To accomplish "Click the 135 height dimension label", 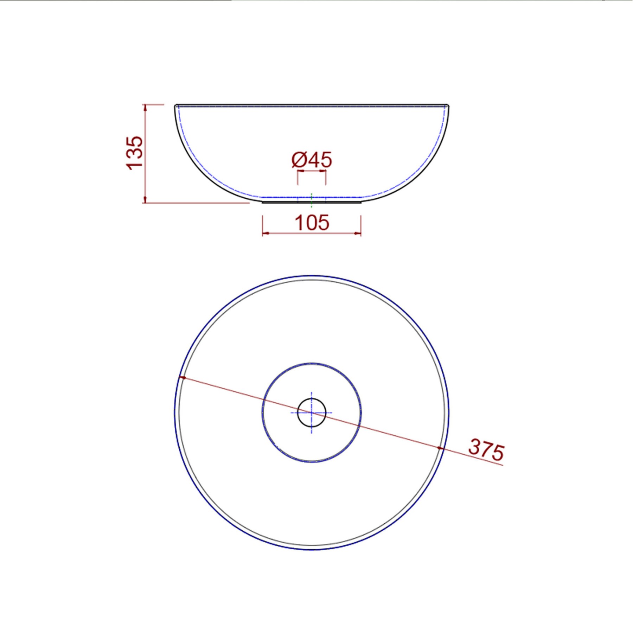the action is pos(135,153).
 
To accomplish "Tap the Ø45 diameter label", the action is pos(312,160).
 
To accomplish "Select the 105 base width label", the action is pos(312,223).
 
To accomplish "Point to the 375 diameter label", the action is pos(486,449).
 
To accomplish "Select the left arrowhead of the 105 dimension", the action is pos(266,233).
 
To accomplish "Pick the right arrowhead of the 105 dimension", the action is pos(358,233).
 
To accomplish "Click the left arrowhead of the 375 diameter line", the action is pos(183,378).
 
